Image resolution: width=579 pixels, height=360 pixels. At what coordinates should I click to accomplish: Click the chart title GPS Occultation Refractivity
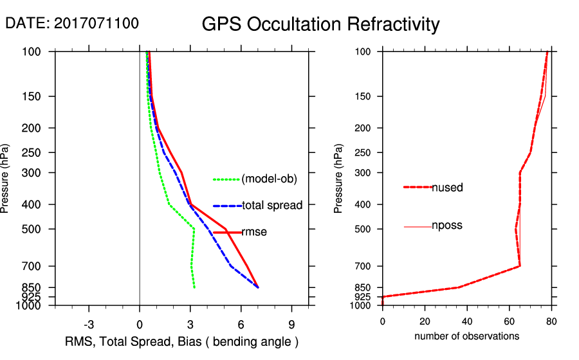click(x=320, y=24)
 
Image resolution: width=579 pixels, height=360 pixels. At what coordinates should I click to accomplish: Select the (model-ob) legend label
click(x=269, y=179)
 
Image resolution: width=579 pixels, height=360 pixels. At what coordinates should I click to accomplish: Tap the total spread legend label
click(x=271, y=206)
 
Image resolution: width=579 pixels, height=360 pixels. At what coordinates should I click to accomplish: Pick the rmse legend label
click(x=253, y=232)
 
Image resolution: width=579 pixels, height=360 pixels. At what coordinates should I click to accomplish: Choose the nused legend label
click(x=447, y=188)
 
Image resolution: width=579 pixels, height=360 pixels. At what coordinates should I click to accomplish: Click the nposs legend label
click(x=447, y=226)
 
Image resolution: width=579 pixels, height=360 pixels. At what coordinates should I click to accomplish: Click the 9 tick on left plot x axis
click(x=291, y=323)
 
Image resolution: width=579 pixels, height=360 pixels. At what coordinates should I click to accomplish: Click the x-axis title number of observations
click(x=466, y=336)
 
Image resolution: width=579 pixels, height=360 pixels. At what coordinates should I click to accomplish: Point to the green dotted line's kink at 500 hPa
click(x=194, y=229)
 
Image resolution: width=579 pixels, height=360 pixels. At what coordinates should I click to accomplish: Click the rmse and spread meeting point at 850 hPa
click(x=258, y=287)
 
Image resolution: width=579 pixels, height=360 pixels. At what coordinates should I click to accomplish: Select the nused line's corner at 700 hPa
click(x=519, y=266)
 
